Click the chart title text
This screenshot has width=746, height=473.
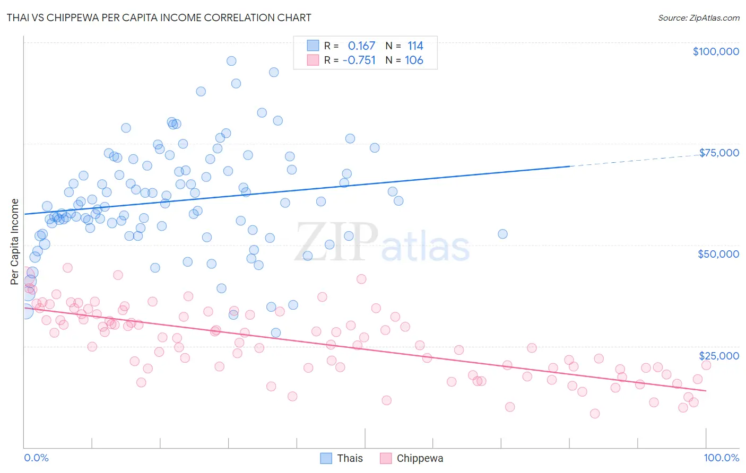tap(159, 17)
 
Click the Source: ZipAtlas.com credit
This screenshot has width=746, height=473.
tap(698, 17)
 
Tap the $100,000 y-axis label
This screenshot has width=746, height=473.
tap(716, 51)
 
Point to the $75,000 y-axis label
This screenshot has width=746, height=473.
tap(719, 153)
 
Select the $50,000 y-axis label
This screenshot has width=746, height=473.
tap(718, 254)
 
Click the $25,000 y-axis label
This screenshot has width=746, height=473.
tap(719, 356)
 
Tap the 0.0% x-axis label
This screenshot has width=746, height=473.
tap(36, 458)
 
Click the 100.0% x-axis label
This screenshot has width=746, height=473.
tap(721, 458)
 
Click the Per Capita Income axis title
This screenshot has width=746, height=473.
tap(15, 242)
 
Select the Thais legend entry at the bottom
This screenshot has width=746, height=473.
tap(342, 458)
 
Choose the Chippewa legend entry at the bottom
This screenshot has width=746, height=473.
tap(412, 458)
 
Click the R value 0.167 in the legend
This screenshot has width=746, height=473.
tap(361, 46)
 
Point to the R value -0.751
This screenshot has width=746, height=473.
tap(359, 60)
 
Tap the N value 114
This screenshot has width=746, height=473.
tap(415, 46)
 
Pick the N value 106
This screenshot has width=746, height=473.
tap(414, 60)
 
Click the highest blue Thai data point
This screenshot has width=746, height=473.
tap(231, 61)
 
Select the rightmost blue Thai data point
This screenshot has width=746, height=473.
tap(502, 234)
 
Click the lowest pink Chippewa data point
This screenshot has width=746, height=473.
tap(595, 414)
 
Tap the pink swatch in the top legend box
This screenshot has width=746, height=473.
tap(313, 60)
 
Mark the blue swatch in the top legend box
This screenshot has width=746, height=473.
tap(313, 46)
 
